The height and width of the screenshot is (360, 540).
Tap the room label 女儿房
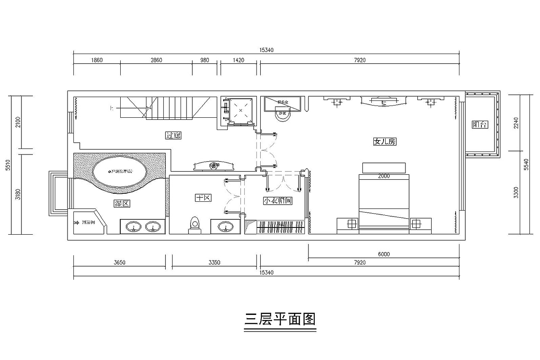(x=384, y=142)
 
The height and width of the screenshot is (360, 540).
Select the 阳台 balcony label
(x=480, y=125)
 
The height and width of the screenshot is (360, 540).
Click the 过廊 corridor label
(x=173, y=135)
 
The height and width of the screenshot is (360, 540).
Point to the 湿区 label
(x=122, y=203)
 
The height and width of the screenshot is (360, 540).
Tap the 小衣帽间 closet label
(x=278, y=201)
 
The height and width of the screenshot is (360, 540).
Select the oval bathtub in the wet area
(x=120, y=171)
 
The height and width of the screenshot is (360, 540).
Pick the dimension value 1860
(x=97, y=60)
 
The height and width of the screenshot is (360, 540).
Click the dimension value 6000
(x=384, y=254)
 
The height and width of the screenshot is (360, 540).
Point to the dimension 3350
(x=214, y=263)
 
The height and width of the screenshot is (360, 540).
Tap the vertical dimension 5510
(x=8, y=165)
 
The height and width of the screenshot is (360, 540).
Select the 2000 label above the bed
(x=384, y=176)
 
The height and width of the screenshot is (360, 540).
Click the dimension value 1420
(x=238, y=60)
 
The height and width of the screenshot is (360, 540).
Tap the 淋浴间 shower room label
(x=88, y=222)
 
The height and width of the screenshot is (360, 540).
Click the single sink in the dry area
(x=225, y=227)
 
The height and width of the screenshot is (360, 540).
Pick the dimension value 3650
(x=119, y=263)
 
